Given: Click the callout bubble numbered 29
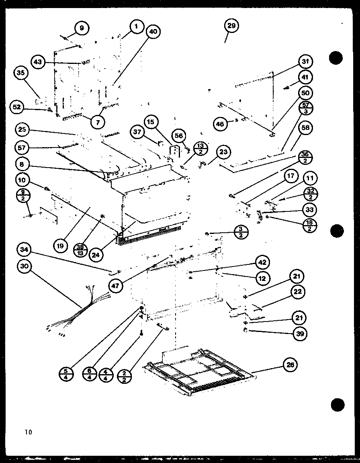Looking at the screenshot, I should [x=231, y=26].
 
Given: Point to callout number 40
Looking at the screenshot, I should [x=152, y=32].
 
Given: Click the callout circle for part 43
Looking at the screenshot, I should [x=38, y=62].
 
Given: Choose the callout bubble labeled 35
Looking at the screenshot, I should [x=21, y=73].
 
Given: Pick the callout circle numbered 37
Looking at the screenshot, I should [x=138, y=132].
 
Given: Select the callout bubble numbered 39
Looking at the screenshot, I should [x=300, y=333].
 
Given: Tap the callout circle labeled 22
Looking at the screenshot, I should [x=298, y=292].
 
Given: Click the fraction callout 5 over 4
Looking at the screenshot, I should [x=66, y=374].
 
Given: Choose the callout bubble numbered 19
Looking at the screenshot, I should [x=60, y=245].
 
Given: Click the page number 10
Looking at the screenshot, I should [x=28, y=432].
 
